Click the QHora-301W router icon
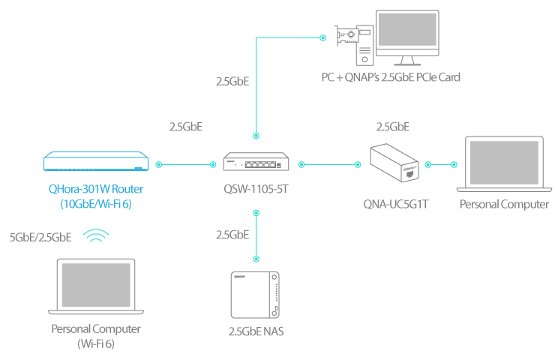point(96,161)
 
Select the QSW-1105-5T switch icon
point(256,161)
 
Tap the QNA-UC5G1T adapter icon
point(394,163)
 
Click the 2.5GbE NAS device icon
point(255,295)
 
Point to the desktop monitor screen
point(407,30)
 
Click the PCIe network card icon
point(346,36)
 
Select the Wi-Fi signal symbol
point(96,235)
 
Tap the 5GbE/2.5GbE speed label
point(40,237)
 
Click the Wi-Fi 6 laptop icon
point(96,286)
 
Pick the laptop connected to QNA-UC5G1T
point(504,164)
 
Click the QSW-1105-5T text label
point(256,189)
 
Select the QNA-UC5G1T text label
point(396,204)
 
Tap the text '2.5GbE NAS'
point(256,331)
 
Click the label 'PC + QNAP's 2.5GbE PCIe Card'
point(391,77)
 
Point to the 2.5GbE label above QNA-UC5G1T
point(392,127)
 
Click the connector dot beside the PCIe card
point(322,37)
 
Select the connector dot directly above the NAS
point(256,259)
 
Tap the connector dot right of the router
point(159,164)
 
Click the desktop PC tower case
point(364,45)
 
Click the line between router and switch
point(186,164)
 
